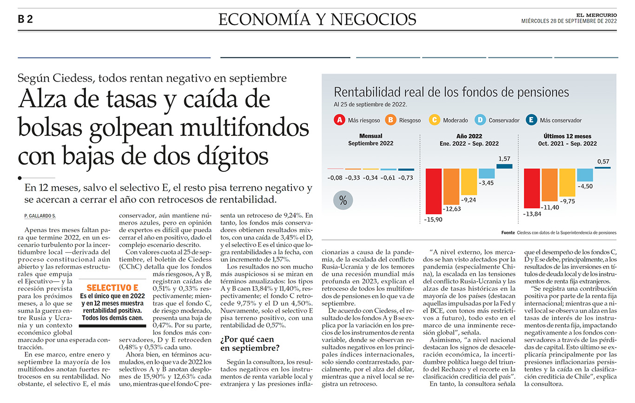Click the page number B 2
coord(26,19)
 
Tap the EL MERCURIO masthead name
coord(596,15)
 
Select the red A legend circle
coord(339,120)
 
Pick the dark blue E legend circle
coord(531,120)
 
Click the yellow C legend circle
coord(434,120)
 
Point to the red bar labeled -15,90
coord(433,191)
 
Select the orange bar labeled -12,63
coord(451,187)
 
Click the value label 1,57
coord(504,159)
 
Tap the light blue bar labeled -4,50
coord(585,175)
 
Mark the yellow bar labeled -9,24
coord(469,182)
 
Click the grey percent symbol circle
coord(343,201)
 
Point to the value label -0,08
coord(335,178)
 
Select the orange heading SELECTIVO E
coord(112,288)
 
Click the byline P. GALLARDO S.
coord(40,216)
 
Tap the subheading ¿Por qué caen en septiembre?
coord(250,343)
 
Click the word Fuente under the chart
coord(508,233)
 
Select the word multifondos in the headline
coord(245,128)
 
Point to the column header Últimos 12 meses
coord(567,136)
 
